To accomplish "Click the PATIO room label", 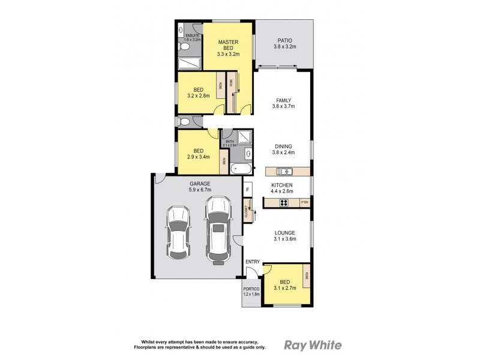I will click(x=285, y=40).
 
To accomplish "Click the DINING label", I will click(x=283, y=146).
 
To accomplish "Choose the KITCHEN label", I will click(x=281, y=185).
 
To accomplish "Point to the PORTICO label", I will click(x=251, y=289).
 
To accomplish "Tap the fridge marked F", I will click(x=247, y=190).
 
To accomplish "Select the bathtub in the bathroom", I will click(x=242, y=170).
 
